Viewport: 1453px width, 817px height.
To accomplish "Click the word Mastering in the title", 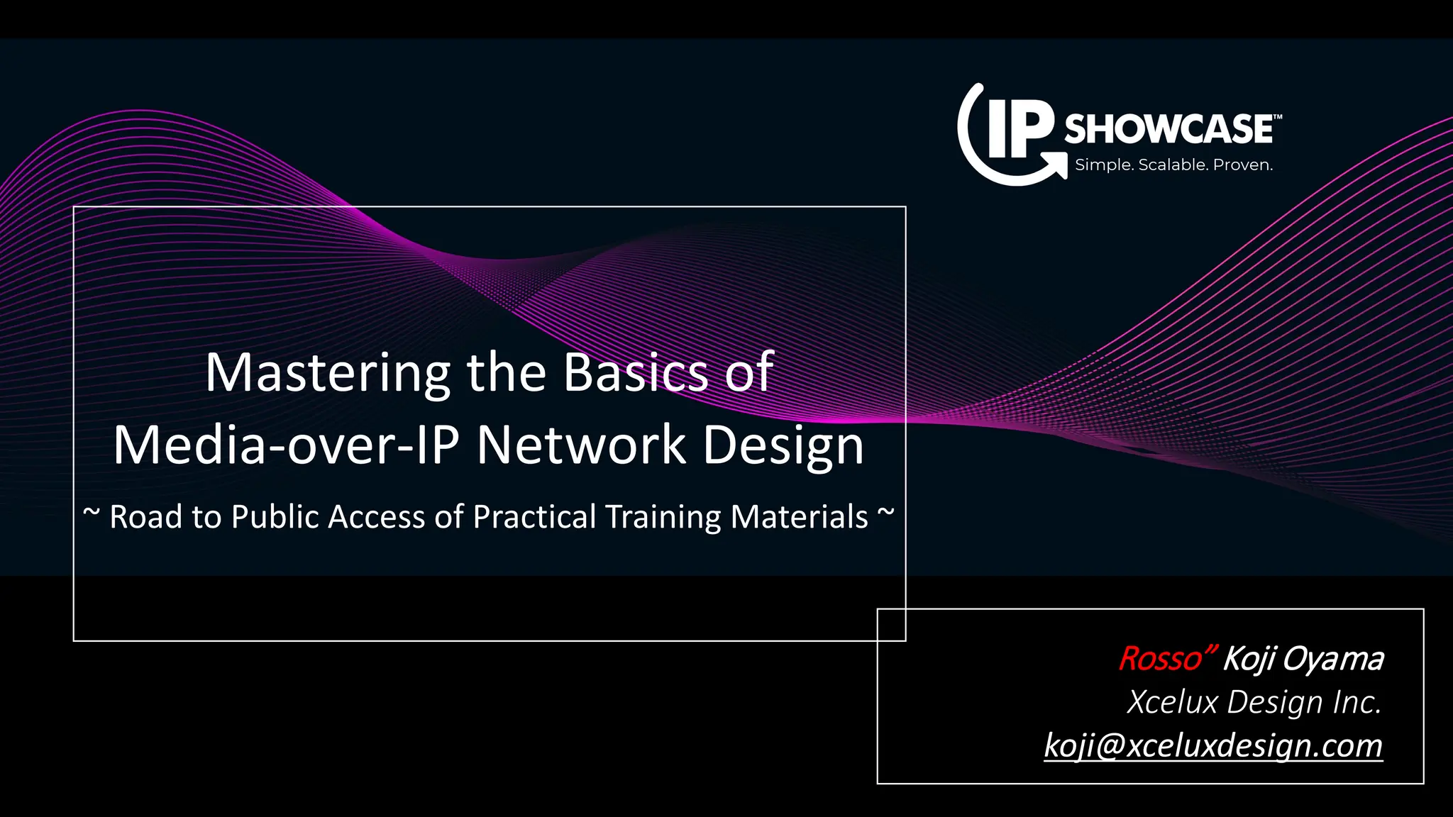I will click(x=327, y=373).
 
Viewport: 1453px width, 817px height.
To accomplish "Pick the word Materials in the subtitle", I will click(x=799, y=516).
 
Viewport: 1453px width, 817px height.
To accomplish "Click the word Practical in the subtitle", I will click(x=534, y=516).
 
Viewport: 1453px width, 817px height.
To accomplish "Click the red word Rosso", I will click(x=1161, y=659).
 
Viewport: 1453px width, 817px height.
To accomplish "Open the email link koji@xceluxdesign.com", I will click(x=1212, y=745).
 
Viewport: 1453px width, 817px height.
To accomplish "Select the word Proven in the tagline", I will click(x=1242, y=165).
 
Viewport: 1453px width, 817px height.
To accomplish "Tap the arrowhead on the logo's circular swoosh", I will click(x=1059, y=168).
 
